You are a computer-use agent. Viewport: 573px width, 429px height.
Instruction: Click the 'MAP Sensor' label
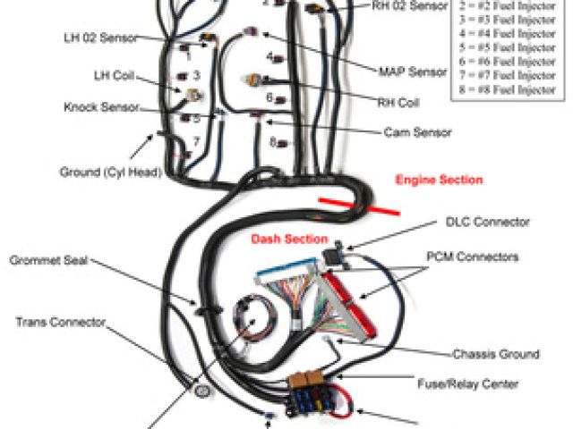point(412,71)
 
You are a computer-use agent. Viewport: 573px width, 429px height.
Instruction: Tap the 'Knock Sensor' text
point(101,107)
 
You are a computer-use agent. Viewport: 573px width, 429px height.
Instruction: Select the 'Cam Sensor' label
point(418,132)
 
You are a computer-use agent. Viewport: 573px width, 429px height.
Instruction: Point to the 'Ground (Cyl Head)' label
point(105,172)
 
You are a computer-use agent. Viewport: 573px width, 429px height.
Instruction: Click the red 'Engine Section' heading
point(439,181)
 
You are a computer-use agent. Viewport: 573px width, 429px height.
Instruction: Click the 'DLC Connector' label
point(488,221)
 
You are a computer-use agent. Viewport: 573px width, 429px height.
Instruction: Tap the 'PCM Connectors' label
point(484,257)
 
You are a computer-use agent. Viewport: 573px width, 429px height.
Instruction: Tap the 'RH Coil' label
point(398,102)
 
